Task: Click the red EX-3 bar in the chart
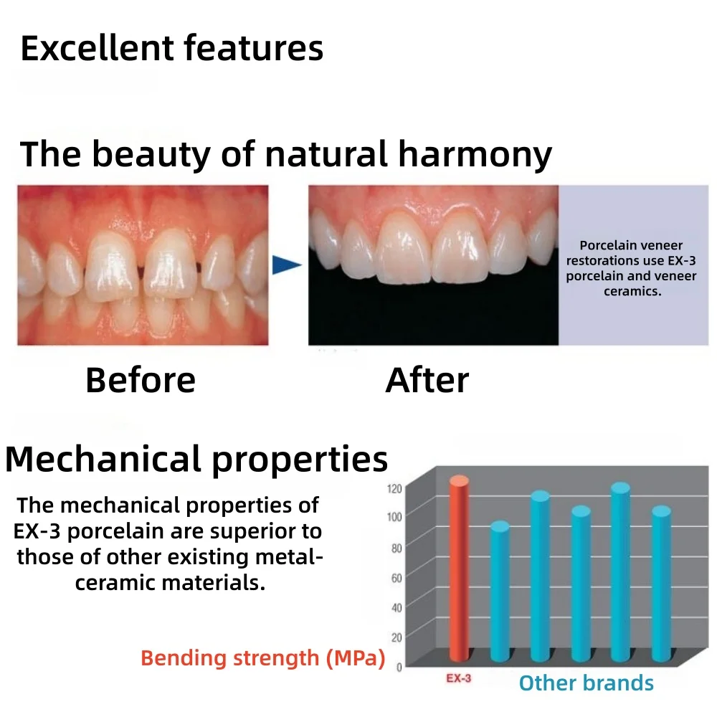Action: pos(460,569)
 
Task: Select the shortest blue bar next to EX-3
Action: pos(500,592)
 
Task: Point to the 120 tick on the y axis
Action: pos(394,489)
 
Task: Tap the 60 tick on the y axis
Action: pos(397,578)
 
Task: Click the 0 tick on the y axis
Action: pos(399,667)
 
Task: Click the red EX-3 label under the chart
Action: pos(459,678)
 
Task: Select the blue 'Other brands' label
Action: pos(587,683)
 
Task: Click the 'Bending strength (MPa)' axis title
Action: pos(263,658)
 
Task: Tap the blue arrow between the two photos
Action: pos(287,265)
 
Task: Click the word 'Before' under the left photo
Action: pos(141,380)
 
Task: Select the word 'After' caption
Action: pos(427,380)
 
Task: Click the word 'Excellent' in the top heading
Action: pos(97,48)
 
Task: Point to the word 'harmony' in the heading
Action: pos(475,155)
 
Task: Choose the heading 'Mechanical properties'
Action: pos(196,460)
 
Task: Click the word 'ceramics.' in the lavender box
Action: pos(633,291)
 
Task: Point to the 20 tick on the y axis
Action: pos(397,637)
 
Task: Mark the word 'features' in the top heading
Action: pos(254,48)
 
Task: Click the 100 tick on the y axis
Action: pos(394,517)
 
